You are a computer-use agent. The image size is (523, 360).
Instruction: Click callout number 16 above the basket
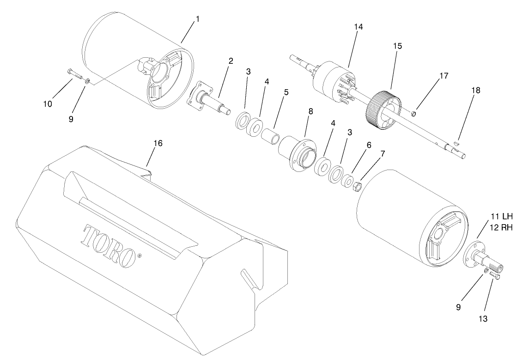(158, 144)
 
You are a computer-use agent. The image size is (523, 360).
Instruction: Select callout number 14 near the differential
(358, 27)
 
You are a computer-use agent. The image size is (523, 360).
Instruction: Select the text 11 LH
(501, 216)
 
